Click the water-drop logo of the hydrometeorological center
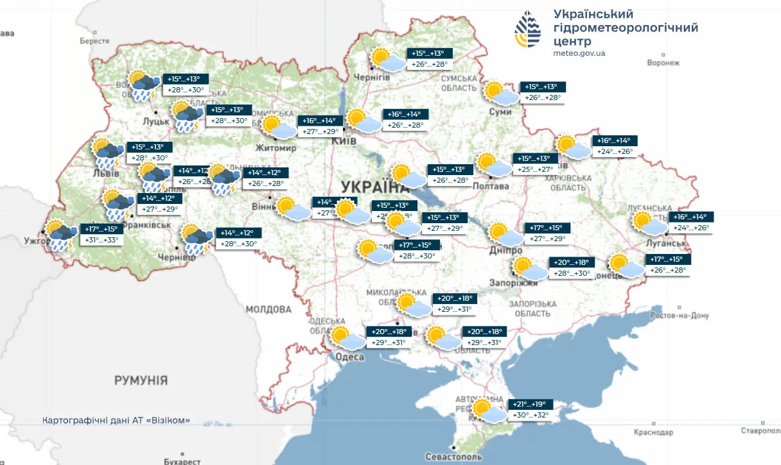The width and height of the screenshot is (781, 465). point(527,30)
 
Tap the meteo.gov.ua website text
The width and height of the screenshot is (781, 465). point(579,53)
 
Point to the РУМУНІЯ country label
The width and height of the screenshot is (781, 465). point(141,380)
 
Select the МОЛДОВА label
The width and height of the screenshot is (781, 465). point(268,309)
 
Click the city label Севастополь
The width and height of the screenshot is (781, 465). point(453,457)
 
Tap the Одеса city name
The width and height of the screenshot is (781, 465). point(350,357)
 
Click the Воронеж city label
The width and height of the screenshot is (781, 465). point(663,63)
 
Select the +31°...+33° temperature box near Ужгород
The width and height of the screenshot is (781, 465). point(101,241)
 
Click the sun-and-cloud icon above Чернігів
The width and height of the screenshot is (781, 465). point(387,60)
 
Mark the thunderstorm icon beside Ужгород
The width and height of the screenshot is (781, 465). point(61,235)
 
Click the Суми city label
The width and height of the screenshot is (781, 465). point(500,112)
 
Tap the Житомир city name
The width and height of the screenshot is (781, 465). point(276,148)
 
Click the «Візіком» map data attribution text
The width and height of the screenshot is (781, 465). point(116,420)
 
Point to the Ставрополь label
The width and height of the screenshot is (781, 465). point(760,431)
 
